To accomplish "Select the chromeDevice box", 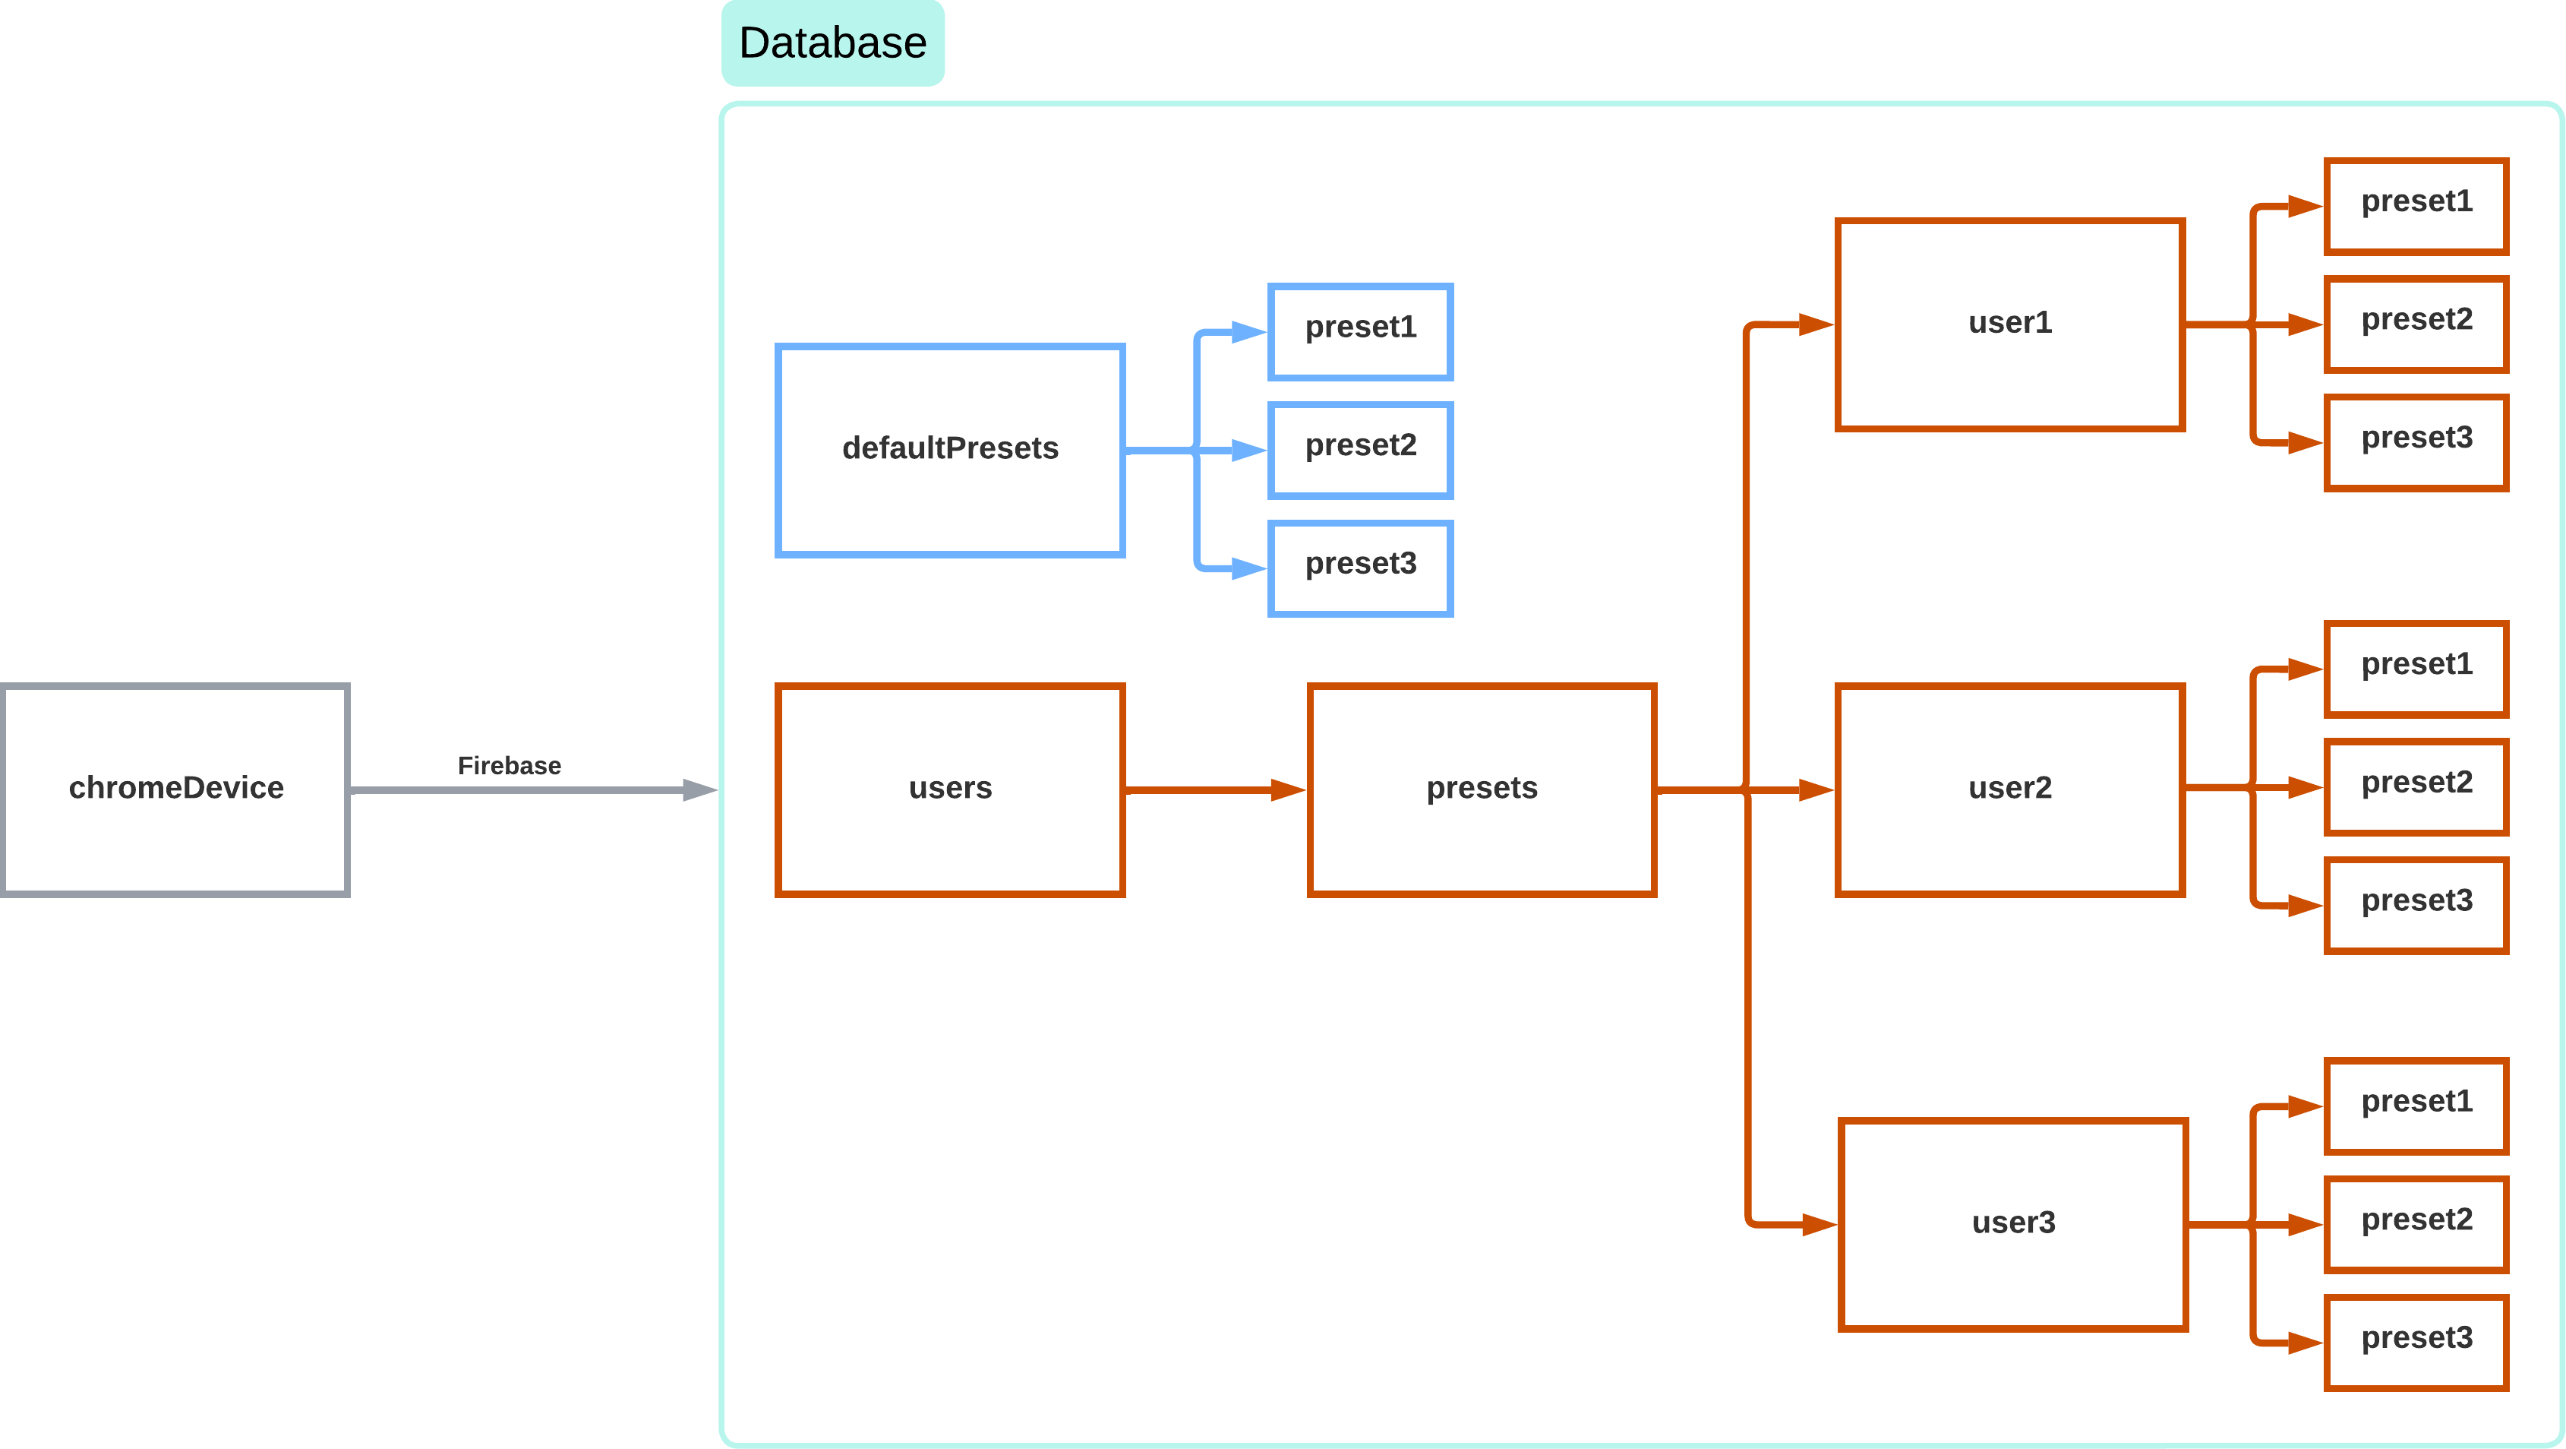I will pyautogui.click(x=175, y=789).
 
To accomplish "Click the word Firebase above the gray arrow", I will pyautogui.click(x=509, y=765).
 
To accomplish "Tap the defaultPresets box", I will pyautogui.click(x=950, y=451).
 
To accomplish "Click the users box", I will pyautogui.click(x=950, y=789).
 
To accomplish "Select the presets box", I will pyautogui.click(x=1482, y=789).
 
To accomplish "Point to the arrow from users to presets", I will pyautogui.click(x=1215, y=790).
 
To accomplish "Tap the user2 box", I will pyautogui.click(x=2010, y=789).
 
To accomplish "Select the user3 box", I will pyautogui.click(x=2012, y=1224).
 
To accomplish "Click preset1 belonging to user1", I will pyautogui.click(x=2416, y=206).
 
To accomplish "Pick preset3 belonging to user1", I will pyautogui.click(x=2416, y=442).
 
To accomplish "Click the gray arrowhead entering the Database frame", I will pyautogui.click(x=700, y=790).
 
